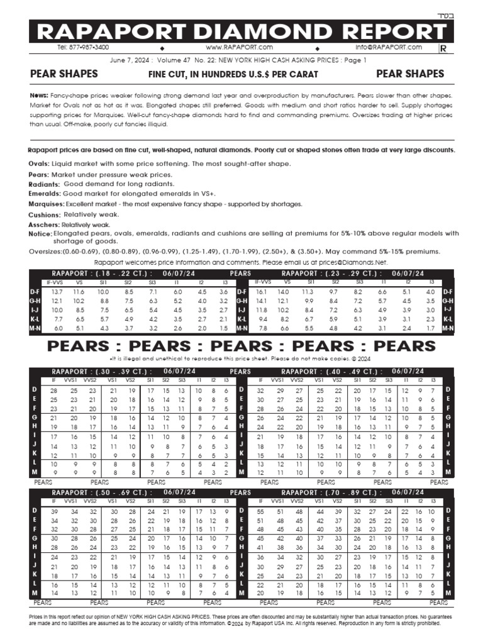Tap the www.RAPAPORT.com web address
tap(239, 47)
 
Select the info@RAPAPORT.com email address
tap(388, 47)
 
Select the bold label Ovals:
tap(39, 164)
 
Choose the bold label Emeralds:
tap(45, 194)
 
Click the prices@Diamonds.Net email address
tap(350, 262)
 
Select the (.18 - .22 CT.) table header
tap(114, 274)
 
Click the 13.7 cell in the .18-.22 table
tap(57, 292)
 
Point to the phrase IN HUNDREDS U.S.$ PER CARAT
tap(255, 75)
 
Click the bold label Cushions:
tap(45, 215)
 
